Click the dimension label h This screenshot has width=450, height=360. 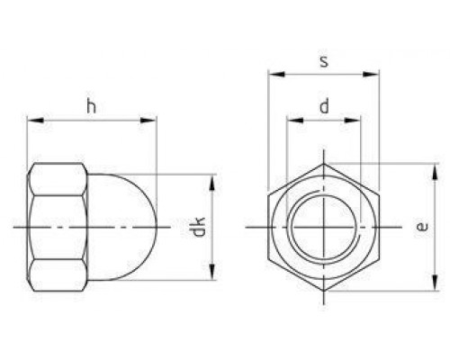click(91, 105)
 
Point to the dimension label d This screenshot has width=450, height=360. click(323, 106)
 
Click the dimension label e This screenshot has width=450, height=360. click(421, 227)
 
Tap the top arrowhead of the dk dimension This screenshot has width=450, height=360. click(212, 181)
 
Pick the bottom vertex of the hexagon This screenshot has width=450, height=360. click(323, 291)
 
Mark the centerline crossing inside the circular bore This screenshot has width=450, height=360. click(323, 228)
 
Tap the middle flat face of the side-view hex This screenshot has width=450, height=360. click(58, 228)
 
